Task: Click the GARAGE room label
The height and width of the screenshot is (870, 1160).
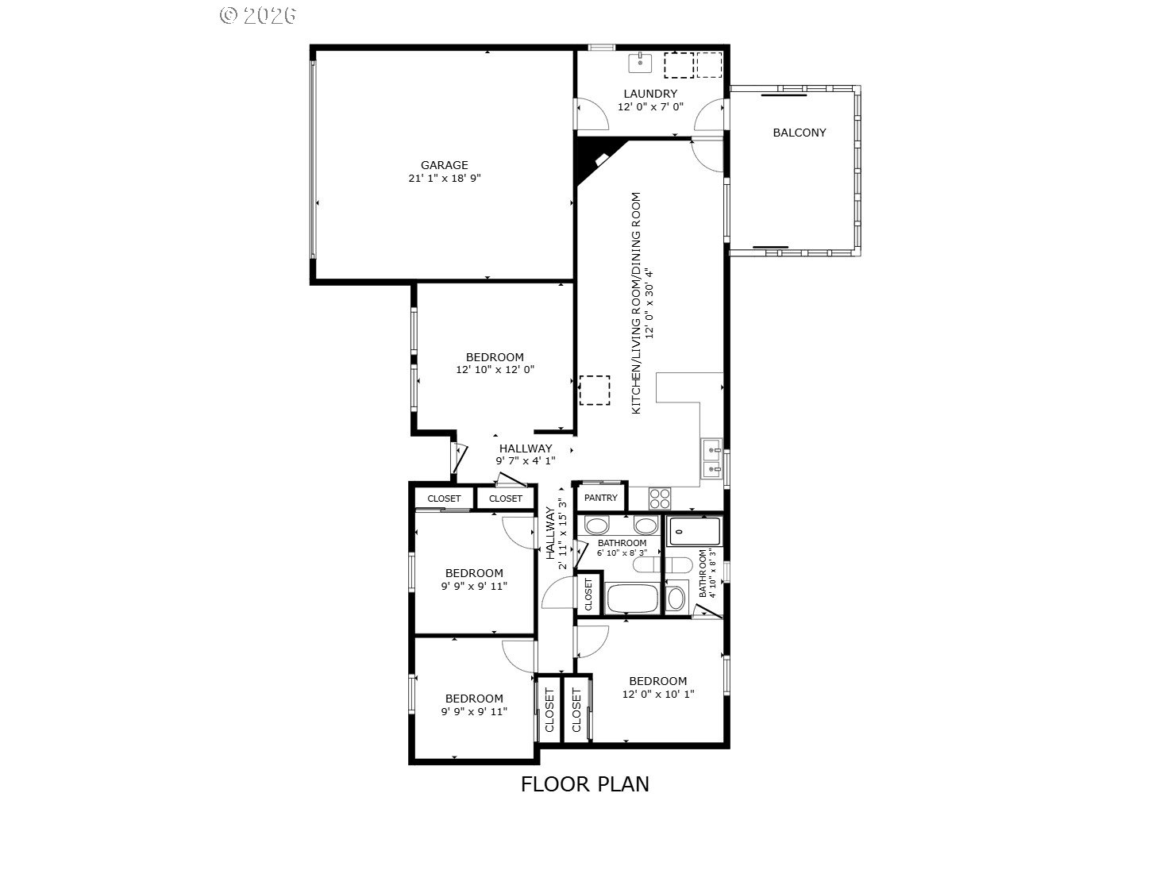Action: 444,165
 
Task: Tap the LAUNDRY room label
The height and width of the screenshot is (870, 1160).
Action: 650,94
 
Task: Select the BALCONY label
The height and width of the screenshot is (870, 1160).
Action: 799,133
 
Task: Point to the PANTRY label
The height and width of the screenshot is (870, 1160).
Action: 600,498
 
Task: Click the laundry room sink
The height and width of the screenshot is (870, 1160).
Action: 640,63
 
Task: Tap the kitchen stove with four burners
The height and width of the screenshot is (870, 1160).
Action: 660,499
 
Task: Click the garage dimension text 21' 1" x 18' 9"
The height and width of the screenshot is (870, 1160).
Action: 445,178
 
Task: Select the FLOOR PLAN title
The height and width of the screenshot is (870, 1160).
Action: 585,784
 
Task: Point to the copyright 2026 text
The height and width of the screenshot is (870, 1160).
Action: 258,15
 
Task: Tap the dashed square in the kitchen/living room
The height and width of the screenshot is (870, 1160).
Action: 595,391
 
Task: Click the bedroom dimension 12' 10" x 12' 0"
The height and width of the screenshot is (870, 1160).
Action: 495,369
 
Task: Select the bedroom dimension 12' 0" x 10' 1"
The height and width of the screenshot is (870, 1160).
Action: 658,694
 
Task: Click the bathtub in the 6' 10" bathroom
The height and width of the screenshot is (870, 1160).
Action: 632,598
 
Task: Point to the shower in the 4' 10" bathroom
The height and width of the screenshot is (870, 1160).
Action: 694,531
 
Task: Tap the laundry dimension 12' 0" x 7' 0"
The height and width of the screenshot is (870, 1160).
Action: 650,106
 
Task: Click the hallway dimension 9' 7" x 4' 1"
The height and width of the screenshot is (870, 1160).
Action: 526,460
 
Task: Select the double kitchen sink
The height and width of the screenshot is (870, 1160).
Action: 711,459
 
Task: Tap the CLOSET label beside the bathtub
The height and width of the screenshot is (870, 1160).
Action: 588,595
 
